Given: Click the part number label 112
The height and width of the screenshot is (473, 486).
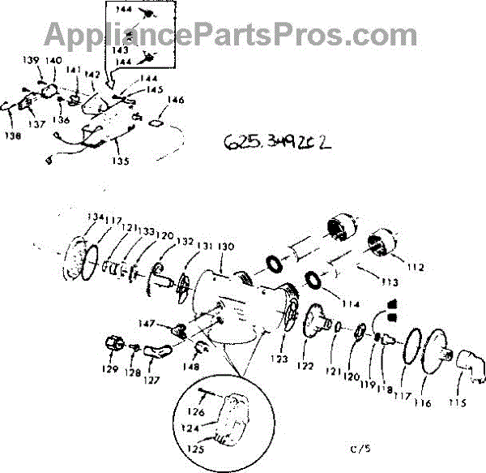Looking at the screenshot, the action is pos(416,267).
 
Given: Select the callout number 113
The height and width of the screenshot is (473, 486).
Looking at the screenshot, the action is pos(391,283).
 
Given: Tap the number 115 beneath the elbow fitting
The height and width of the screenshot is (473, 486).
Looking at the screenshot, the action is pos(459,402).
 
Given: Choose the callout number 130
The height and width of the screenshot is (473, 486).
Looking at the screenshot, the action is pos(226,247).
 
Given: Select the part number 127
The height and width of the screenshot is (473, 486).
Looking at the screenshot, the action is pos(151,378).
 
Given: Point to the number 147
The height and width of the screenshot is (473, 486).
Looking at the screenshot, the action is pos(168,323).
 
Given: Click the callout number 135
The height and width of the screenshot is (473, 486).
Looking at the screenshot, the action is pos(120,161).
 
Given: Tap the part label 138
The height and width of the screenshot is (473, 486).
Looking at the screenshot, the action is pos(12,137).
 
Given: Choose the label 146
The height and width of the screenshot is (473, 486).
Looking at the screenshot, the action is pos(175,101).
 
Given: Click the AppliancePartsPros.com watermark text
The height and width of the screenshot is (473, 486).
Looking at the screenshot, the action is pos(230,35).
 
